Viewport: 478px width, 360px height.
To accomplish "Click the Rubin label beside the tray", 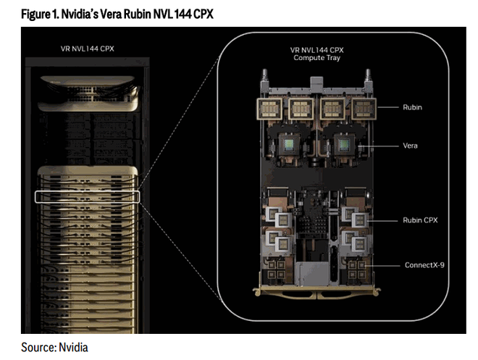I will click(x=411, y=106).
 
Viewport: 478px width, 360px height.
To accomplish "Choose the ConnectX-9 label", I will click(x=424, y=265).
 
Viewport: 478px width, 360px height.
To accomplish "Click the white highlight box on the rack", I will click(x=86, y=196).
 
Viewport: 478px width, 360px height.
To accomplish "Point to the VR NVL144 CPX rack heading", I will click(x=87, y=49).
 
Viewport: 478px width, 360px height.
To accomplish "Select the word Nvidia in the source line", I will click(x=74, y=347).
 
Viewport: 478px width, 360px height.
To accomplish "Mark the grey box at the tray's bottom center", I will click(x=310, y=276).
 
